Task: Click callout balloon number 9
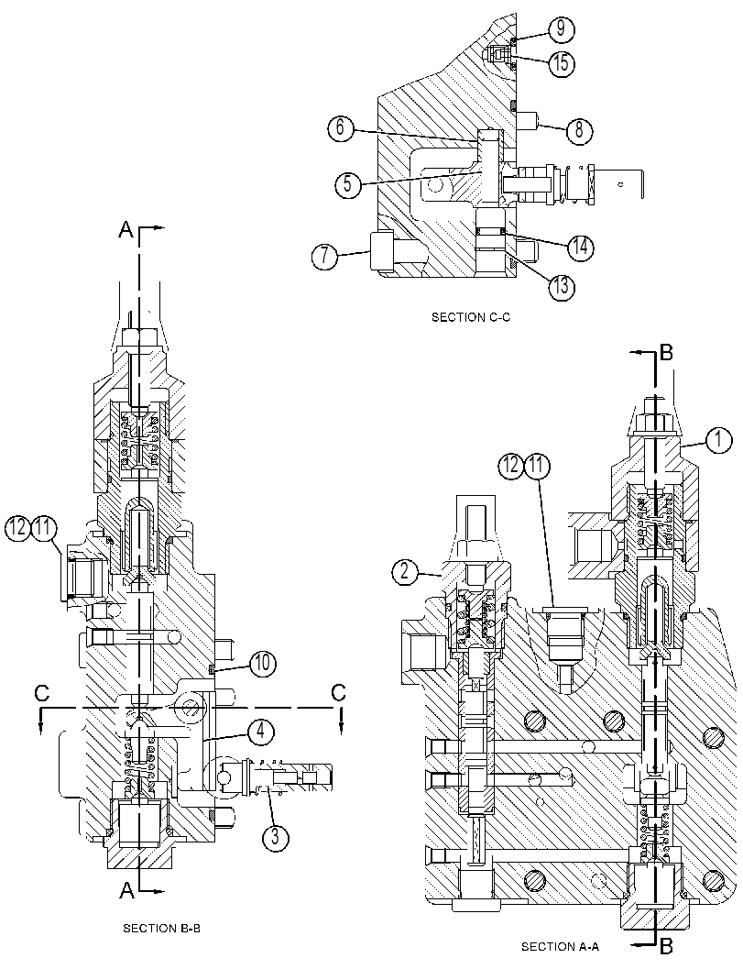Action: [561, 28]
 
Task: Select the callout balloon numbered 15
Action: [561, 63]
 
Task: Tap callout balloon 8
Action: [579, 130]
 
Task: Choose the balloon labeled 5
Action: [349, 185]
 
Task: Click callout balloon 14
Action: [580, 247]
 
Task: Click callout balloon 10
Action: [263, 665]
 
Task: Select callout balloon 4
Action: [261, 731]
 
